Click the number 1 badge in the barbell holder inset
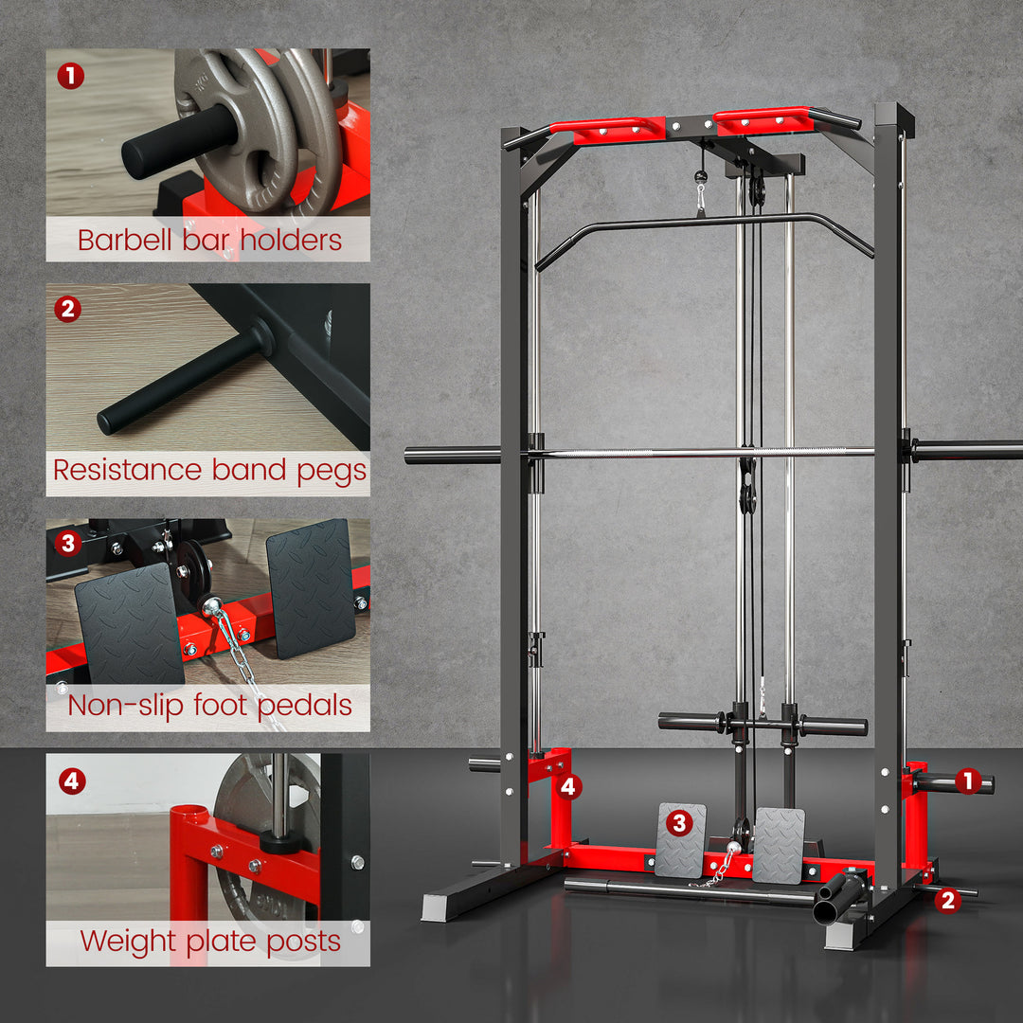pyautogui.click(x=70, y=75)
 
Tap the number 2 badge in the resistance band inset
pyautogui.click(x=68, y=309)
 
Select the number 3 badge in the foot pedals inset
pyautogui.click(x=68, y=544)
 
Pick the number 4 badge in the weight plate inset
pyautogui.click(x=71, y=781)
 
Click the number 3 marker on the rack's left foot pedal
pyautogui.click(x=678, y=822)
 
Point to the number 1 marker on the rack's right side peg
pyautogui.click(x=967, y=781)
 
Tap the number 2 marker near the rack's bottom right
pyautogui.click(x=947, y=901)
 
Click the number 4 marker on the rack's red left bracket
pyautogui.click(x=568, y=786)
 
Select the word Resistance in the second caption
pyautogui.click(x=128, y=471)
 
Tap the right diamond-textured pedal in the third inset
pyautogui.click(x=310, y=587)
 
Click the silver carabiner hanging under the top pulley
pyautogui.click(x=701, y=200)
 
